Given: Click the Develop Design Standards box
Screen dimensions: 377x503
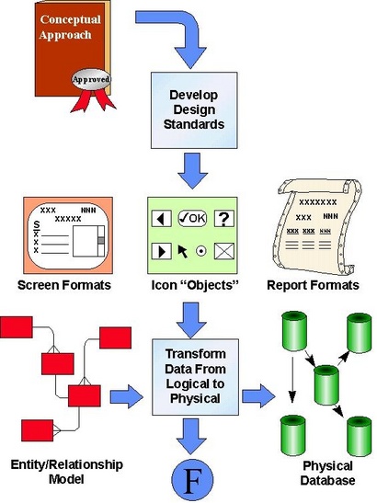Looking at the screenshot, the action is (x=194, y=110).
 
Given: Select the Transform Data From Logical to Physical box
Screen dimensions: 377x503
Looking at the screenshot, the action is (x=195, y=377).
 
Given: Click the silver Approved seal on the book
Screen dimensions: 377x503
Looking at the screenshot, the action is (x=91, y=79).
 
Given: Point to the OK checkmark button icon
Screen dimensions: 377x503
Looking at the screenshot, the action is (x=192, y=218).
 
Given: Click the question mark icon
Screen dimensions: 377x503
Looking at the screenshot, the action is (x=224, y=219).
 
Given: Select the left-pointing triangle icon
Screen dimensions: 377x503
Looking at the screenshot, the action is (x=162, y=219).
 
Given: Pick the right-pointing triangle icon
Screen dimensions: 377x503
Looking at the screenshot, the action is (x=162, y=251).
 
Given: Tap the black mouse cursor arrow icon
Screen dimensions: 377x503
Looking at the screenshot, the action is (x=183, y=251).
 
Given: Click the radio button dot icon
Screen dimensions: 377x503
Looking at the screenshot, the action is (x=201, y=251).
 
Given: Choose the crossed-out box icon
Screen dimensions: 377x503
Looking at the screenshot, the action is (x=224, y=251).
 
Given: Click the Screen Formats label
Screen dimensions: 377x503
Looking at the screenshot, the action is (x=64, y=285).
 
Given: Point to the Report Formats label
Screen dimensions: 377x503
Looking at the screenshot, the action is (x=314, y=285).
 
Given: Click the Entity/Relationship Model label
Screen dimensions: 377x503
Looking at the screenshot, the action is (x=67, y=472).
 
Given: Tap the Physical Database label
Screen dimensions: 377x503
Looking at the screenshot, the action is (x=328, y=474).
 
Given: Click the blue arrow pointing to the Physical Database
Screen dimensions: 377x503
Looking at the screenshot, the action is (x=258, y=395).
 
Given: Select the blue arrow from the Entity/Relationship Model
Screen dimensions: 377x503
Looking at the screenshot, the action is (x=126, y=396).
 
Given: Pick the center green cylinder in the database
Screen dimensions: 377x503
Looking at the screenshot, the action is (x=326, y=385).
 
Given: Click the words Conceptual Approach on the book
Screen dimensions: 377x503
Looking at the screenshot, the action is (x=70, y=27).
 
